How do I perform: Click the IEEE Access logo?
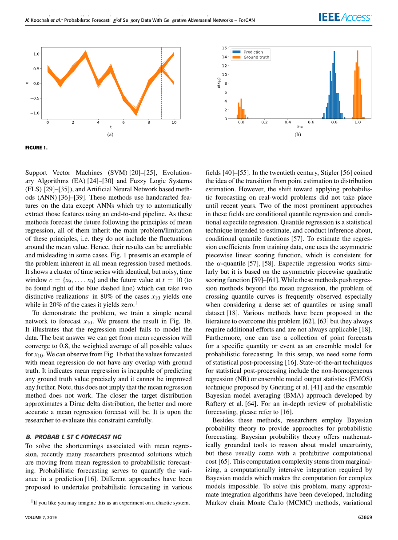[345, 17]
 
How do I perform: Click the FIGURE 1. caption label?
[36, 147]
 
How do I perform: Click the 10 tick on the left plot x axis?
[174, 122]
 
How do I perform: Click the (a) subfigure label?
[110, 134]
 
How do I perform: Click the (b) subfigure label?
[298, 134]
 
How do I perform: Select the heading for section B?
[74, 437]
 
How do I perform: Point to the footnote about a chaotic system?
[110, 503]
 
